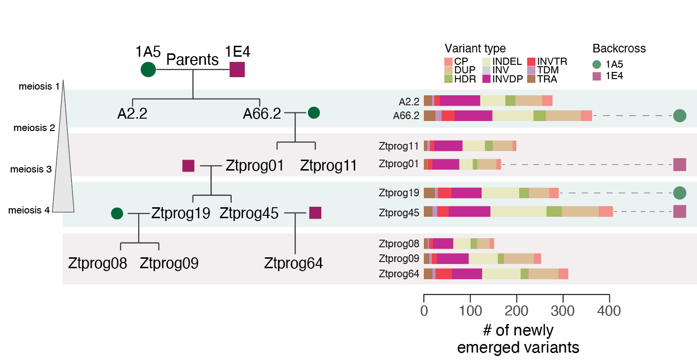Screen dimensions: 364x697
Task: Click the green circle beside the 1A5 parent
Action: (148, 70)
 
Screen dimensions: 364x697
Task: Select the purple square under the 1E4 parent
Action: (237, 70)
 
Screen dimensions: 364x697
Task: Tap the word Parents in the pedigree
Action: (192, 60)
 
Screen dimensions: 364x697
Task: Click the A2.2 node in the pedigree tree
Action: (132, 114)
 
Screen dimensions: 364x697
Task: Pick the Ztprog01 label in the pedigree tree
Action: (255, 166)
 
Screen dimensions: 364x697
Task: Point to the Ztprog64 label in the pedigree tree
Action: (293, 263)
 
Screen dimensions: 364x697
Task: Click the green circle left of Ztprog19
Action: (117, 213)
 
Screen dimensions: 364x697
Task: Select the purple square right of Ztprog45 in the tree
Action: (315, 213)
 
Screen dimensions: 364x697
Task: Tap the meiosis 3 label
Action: (31, 170)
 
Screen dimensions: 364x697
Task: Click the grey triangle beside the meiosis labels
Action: (63, 157)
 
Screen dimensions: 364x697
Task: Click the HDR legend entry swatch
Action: (448, 79)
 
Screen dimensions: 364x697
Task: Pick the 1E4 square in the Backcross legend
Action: (596, 76)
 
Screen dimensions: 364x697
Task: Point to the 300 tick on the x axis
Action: (563, 311)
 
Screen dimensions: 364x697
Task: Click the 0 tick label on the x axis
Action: (424, 311)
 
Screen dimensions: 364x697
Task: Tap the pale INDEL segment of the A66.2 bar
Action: (512, 116)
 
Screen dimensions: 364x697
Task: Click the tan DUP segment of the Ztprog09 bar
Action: (519, 258)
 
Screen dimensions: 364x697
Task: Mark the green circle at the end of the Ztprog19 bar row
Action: (679, 193)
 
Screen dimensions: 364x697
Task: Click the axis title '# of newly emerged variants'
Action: (518, 339)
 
